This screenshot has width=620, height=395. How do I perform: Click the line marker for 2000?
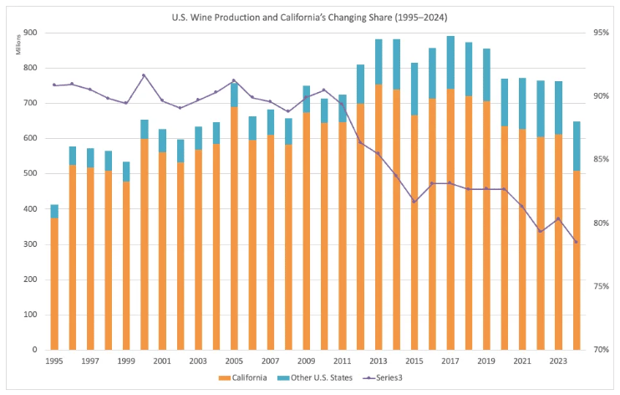[x=144, y=75]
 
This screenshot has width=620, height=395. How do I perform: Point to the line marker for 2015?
[x=414, y=202]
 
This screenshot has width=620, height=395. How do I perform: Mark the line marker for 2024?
[x=576, y=242]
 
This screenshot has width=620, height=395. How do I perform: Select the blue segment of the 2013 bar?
[x=378, y=62]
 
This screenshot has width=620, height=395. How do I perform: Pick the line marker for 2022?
[x=540, y=231]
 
